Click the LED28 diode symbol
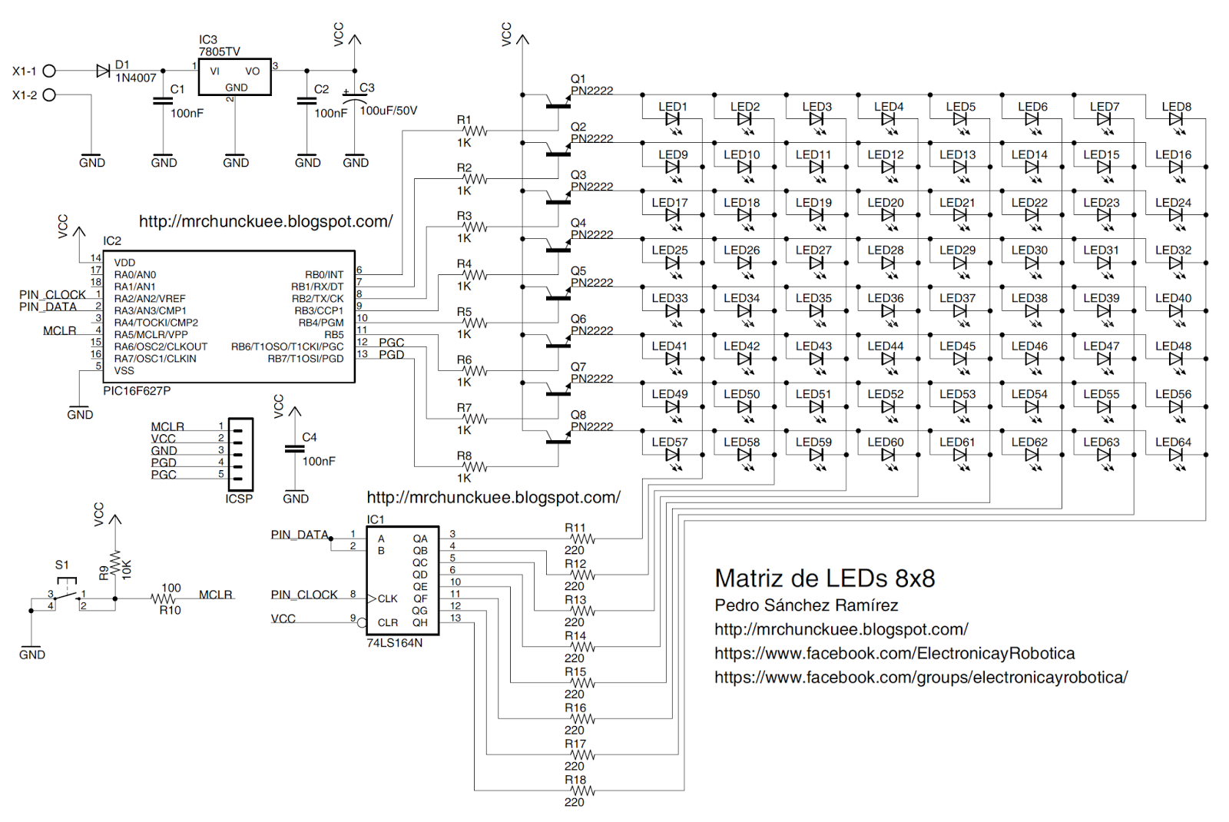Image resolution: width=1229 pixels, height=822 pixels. pos(889,263)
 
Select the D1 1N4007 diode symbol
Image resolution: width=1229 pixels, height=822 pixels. pos(103,71)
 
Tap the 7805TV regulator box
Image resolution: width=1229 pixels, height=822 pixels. pos(234,77)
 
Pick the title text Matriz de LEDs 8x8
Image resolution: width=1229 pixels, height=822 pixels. pos(824,578)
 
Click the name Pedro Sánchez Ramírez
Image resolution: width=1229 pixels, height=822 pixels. pos(806,605)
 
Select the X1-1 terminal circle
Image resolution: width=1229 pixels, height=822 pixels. pos(49,71)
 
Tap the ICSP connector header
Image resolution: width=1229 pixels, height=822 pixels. pos(240,454)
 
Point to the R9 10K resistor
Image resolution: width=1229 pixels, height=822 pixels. pos(115,564)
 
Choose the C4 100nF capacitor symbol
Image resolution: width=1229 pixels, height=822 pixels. pos(295,449)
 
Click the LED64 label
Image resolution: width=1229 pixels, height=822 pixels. pos(1173,442)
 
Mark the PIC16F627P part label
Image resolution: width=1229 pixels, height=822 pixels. pos(137,391)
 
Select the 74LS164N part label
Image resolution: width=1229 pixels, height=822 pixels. pos(394,643)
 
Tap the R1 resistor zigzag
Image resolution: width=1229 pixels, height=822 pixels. pos(476,131)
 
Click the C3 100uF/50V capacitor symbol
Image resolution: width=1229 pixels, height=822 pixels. pos(354,100)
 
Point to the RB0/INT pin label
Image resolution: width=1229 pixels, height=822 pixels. pos(324,274)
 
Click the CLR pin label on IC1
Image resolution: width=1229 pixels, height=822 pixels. pos(387,623)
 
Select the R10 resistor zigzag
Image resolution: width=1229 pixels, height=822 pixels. pos(163,598)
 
